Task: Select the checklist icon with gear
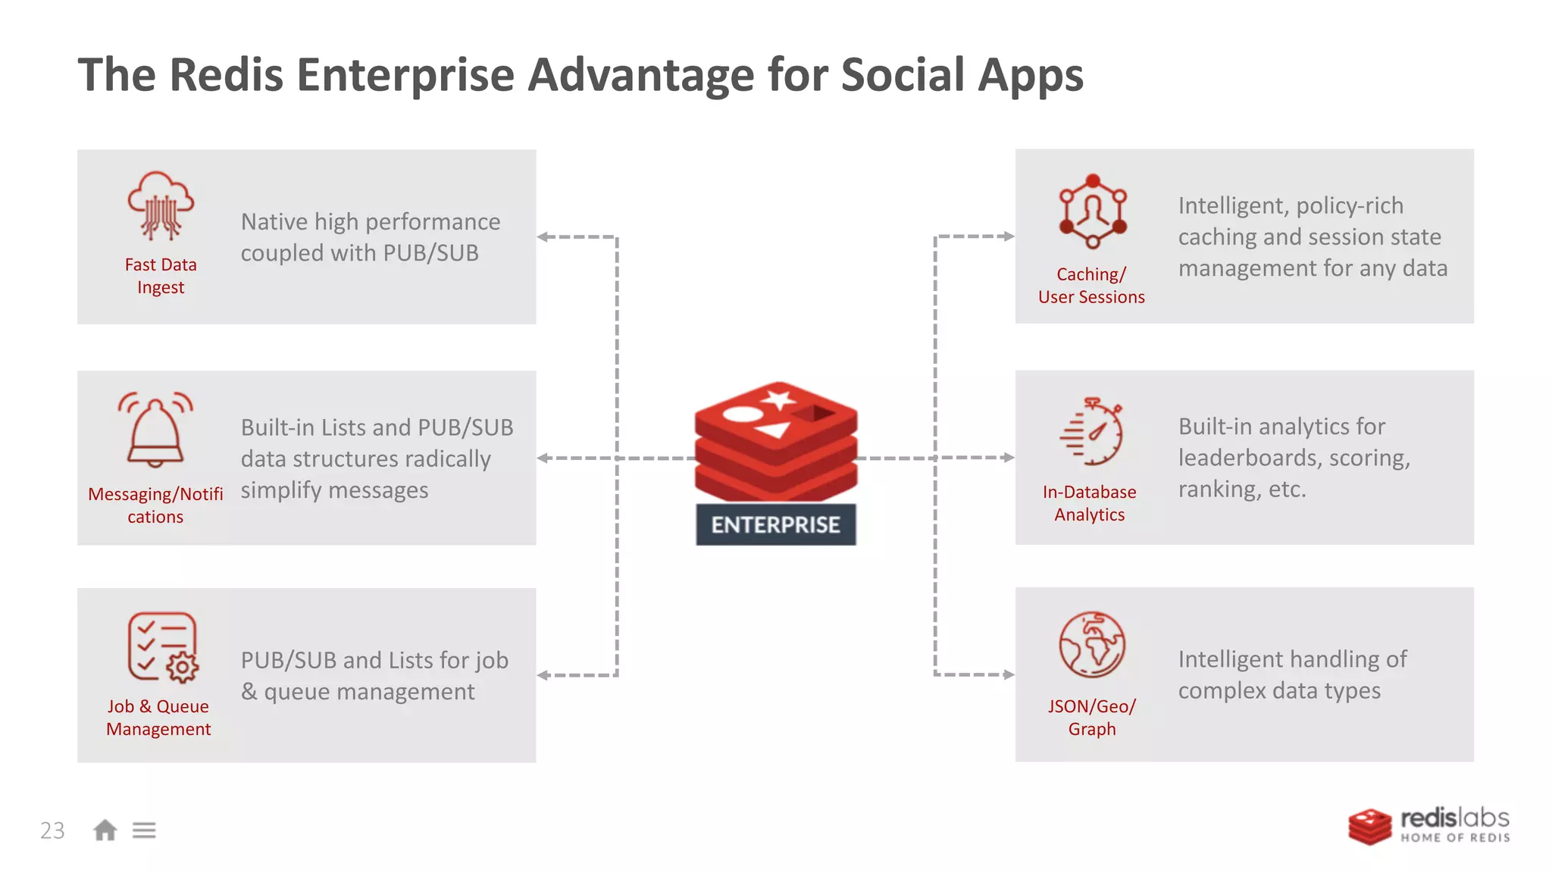coord(162,647)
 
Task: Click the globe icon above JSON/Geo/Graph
coord(1092,644)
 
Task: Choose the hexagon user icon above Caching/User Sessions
coord(1092,211)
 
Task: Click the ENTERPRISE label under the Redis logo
coord(775,524)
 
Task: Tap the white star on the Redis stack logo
coord(779,399)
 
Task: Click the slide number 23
coord(52,831)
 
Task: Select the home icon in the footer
coord(105,831)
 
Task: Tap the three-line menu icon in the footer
coord(144,831)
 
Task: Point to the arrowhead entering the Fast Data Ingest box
coord(543,237)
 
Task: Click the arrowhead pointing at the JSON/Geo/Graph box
coord(1008,674)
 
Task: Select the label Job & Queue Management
coord(158,717)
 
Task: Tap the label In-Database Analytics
coord(1090,503)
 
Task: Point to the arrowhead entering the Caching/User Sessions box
coord(1008,236)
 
